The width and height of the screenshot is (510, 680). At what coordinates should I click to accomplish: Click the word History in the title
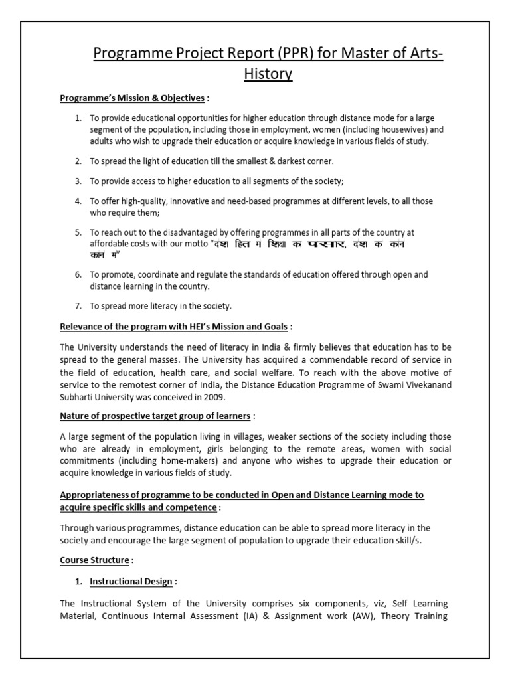[269, 74]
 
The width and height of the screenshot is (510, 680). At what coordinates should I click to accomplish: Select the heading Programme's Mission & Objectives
[132, 98]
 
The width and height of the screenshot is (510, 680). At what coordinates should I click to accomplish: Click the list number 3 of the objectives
[78, 181]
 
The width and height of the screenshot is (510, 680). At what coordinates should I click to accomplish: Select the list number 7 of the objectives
[78, 305]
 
